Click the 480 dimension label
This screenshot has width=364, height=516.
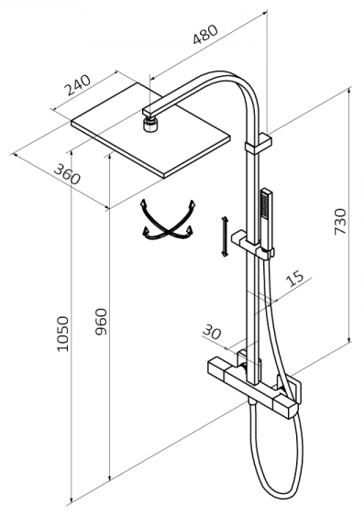coord(205,34)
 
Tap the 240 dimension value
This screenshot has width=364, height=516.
coord(77,85)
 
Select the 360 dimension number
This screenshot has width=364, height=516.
coord(67,174)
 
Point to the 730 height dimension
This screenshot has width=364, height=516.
coord(340,222)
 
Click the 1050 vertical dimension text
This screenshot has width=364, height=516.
coord(62,334)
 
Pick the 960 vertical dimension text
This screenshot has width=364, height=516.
coord(101,322)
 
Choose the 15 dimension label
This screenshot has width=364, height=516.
coord(294,279)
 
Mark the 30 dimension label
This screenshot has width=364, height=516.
coord(211,332)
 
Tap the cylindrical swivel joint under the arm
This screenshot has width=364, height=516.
coord(150,125)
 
